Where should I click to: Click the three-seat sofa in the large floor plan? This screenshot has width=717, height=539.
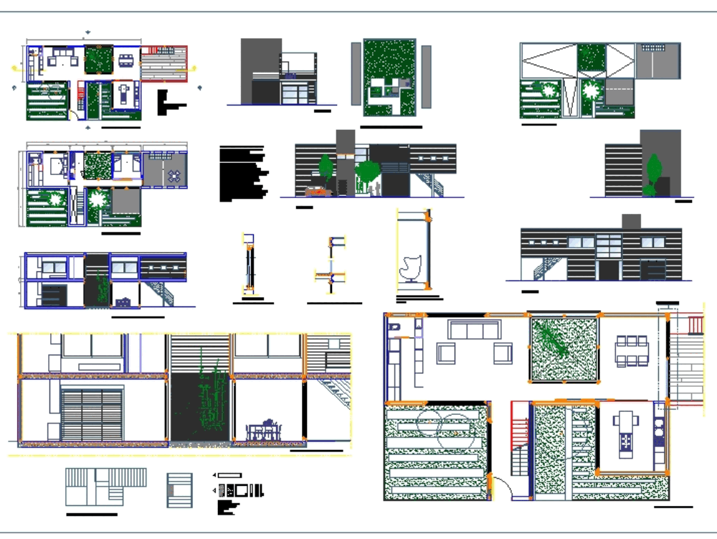473,329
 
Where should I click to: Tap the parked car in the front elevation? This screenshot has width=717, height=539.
315,191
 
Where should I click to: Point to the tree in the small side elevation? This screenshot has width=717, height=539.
653,174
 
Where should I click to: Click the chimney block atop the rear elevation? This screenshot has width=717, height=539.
631,221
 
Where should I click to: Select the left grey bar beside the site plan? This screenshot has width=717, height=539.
356,75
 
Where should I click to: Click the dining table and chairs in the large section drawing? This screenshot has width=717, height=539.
262,430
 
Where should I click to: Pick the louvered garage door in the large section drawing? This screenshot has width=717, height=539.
92,415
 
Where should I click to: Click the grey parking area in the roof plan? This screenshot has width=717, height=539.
619,91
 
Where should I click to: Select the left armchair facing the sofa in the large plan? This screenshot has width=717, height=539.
446,353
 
